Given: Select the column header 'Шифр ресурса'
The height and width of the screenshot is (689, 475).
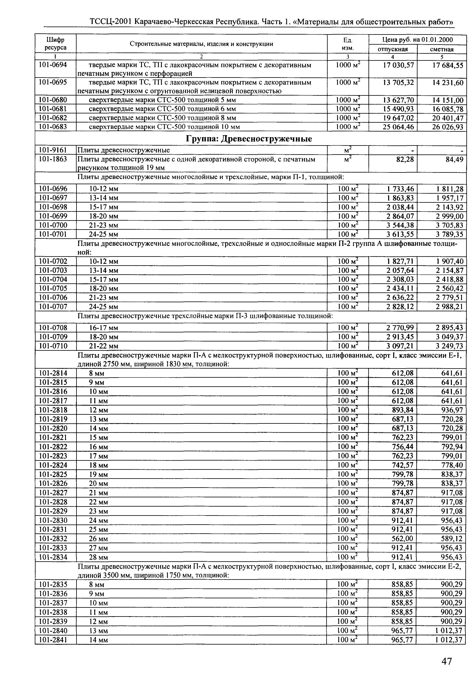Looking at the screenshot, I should (56, 43).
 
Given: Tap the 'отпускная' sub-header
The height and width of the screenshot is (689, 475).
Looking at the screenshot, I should (393, 49).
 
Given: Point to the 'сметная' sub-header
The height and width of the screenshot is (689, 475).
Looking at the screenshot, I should (442, 49).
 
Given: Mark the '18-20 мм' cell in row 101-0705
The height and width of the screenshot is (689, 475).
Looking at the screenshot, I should (104, 289).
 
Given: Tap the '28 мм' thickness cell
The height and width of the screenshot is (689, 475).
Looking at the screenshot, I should (98, 557).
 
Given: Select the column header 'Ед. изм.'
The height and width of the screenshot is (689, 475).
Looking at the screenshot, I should (348, 43).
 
